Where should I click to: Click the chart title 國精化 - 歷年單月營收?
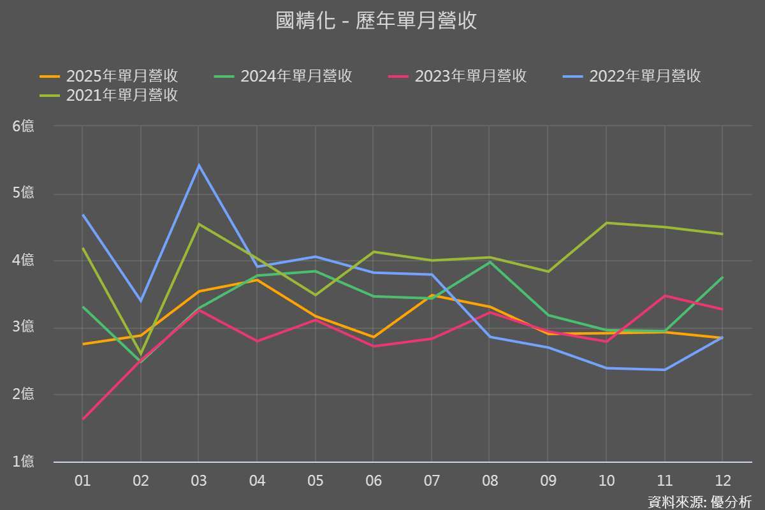[x=376, y=21]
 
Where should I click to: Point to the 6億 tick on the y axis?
[x=24, y=126]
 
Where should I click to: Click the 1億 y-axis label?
[x=24, y=462]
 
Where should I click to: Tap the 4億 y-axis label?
[x=24, y=261]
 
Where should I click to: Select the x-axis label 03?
[x=199, y=481]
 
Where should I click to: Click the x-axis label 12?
[x=723, y=481]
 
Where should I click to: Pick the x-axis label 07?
[x=432, y=481]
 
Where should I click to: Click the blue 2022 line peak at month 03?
[x=199, y=165]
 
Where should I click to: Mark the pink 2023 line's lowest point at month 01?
[x=83, y=419]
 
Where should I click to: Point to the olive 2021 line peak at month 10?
[x=606, y=222]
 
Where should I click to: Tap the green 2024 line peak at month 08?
[x=490, y=261]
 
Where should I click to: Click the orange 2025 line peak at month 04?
[x=257, y=280]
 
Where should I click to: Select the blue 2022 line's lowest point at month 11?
[x=665, y=370]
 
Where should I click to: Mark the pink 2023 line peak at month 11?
[x=665, y=295]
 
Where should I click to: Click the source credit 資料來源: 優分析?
[x=699, y=501]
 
